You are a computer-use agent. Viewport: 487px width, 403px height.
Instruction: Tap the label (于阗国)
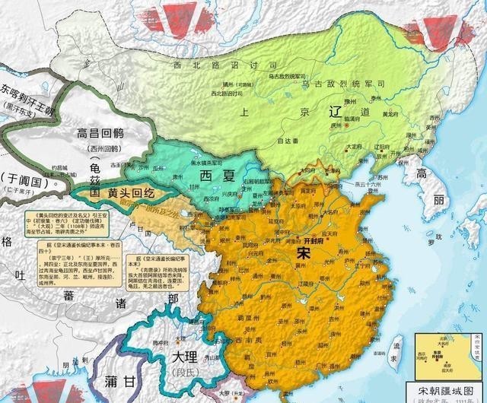[33, 179]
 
